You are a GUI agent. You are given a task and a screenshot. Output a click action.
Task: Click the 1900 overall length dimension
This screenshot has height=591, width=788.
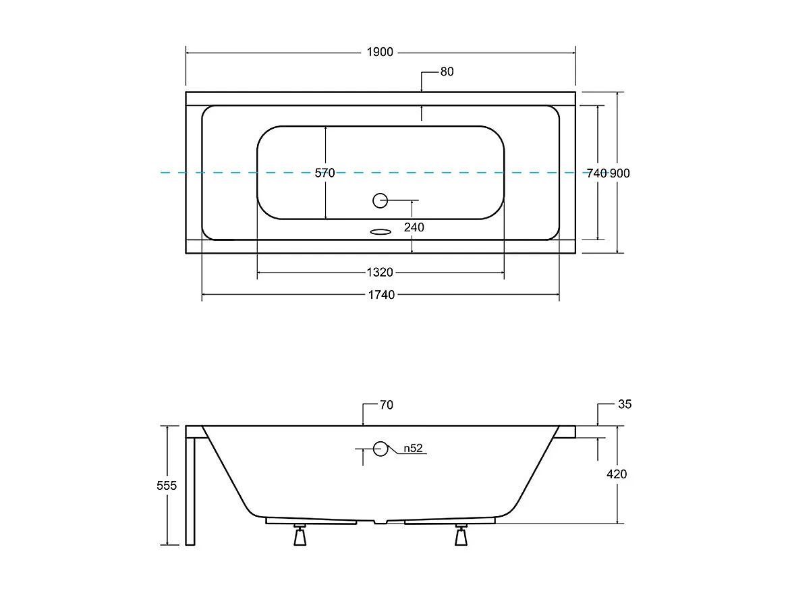[380, 53]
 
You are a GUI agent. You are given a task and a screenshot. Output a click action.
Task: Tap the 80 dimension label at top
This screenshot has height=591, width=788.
[447, 72]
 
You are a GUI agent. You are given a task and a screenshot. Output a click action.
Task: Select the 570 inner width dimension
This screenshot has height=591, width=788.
[325, 173]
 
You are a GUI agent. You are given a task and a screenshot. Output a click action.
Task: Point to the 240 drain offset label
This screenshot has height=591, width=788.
[414, 227]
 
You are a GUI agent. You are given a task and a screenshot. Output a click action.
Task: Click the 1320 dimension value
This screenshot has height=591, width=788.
[380, 273]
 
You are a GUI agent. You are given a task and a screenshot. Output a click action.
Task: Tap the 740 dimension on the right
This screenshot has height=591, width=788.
[596, 173]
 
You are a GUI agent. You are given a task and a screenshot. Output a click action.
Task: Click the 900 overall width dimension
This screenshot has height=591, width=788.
[620, 173]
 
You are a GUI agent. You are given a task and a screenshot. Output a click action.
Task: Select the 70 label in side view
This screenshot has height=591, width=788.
[386, 405]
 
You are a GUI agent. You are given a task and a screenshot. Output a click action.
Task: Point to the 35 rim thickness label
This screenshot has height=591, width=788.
[625, 405]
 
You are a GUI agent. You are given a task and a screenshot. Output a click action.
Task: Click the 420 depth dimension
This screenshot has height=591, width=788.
[617, 474]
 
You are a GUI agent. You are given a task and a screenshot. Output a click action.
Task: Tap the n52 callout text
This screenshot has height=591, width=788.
[412, 448]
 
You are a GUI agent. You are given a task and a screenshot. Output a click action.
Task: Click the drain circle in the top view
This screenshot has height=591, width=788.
[381, 200]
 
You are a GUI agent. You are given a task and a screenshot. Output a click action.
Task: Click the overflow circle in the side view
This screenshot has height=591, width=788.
[381, 449]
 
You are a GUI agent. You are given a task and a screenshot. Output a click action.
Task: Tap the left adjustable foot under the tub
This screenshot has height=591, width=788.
[300, 536]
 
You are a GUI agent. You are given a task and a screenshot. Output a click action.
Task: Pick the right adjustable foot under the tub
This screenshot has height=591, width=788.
[461, 536]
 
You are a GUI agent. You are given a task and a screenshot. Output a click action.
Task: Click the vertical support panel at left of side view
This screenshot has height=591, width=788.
[190, 489]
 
